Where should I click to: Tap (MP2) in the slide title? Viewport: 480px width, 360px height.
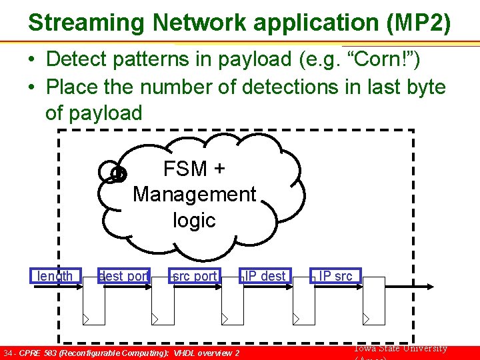pyautogui.click(x=418, y=23)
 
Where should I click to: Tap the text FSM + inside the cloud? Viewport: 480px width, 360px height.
pyautogui.click(x=194, y=169)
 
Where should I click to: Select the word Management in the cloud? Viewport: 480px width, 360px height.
pyautogui.click(x=194, y=194)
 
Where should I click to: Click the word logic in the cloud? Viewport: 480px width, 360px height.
pyautogui.click(x=194, y=219)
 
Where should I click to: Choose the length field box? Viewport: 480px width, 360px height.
pyautogui.click(x=56, y=276)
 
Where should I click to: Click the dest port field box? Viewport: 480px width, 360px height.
pyautogui.click(x=124, y=276)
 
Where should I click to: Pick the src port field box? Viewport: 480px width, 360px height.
pyautogui.click(x=195, y=276)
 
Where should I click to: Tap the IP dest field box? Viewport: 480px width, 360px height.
pyautogui.click(x=265, y=276)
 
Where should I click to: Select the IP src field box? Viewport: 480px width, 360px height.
pyautogui.click(x=336, y=276)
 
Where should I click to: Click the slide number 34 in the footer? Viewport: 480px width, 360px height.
pyautogui.click(x=8, y=353)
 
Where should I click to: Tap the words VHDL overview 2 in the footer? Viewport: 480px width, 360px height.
pyautogui.click(x=207, y=353)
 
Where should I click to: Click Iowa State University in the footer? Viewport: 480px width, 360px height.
pyautogui.click(x=400, y=349)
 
